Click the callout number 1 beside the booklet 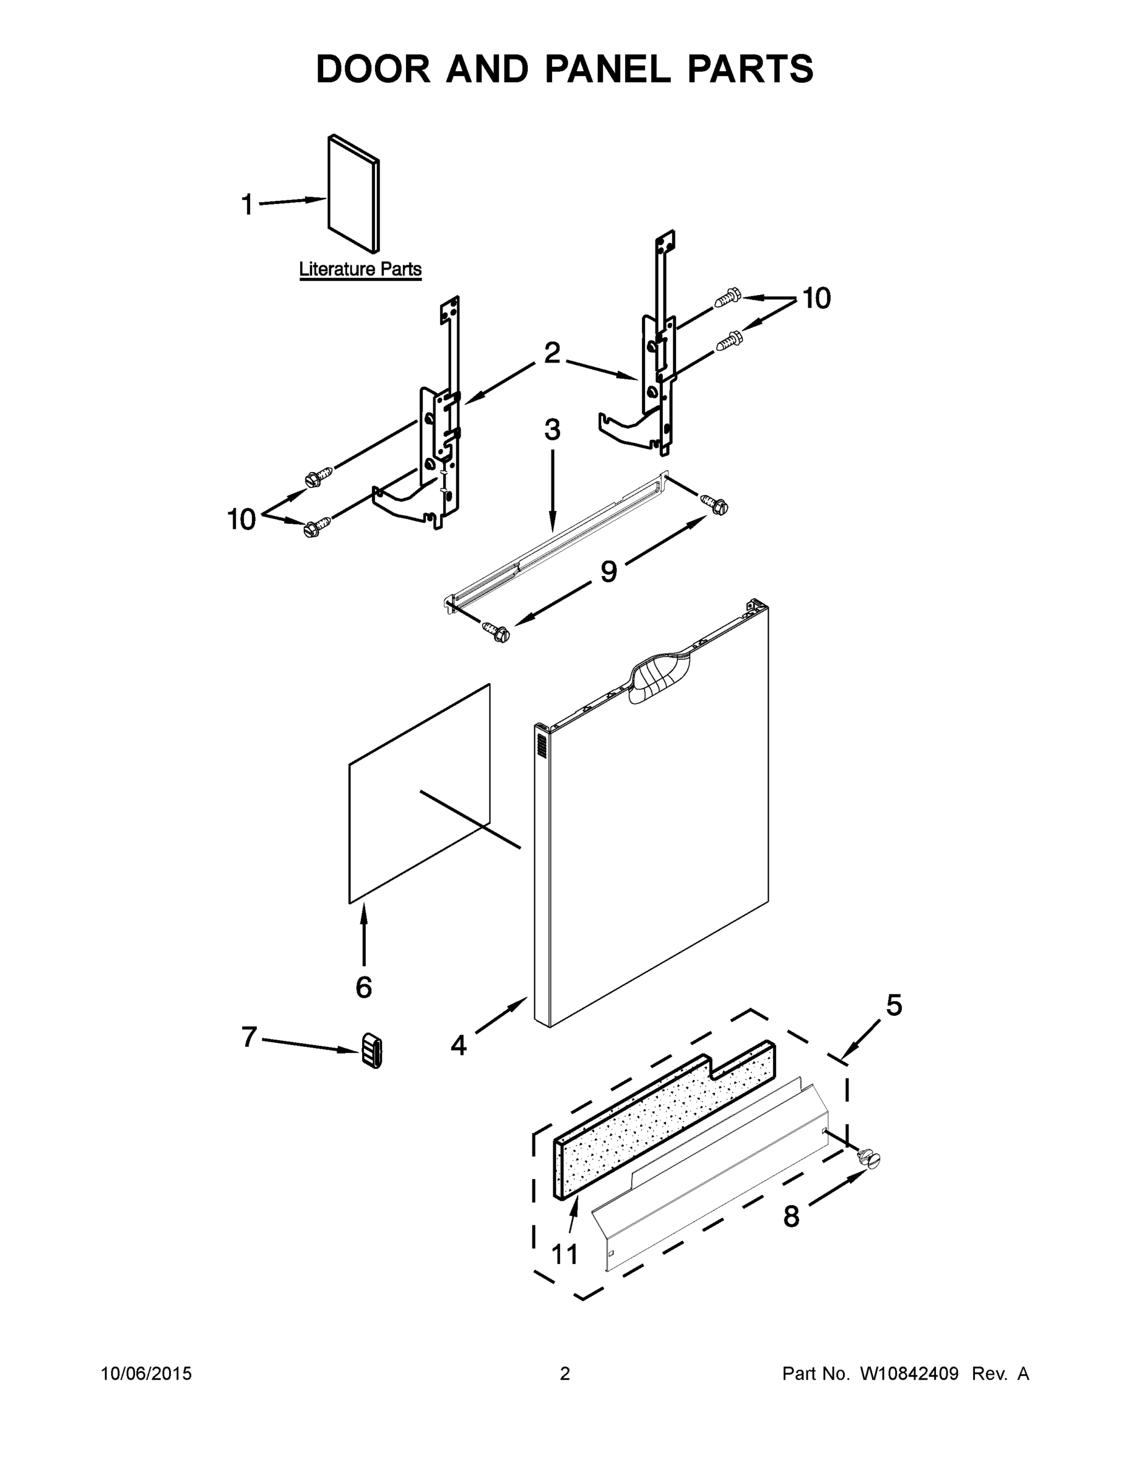pyautogui.click(x=247, y=204)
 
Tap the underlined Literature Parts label pyautogui.click(x=360, y=269)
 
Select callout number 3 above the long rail pyautogui.click(x=552, y=430)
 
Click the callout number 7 pyautogui.click(x=249, y=1037)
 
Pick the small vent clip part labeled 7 pyautogui.click(x=372, y=1050)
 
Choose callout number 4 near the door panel pyautogui.click(x=458, y=1045)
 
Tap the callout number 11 pyautogui.click(x=565, y=1254)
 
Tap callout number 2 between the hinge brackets pyautogui.click(x=552, y=353)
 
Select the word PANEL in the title pyautogui.click(x=607, y=69)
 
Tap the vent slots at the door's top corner pyautogui.click(x=541, y=745)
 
